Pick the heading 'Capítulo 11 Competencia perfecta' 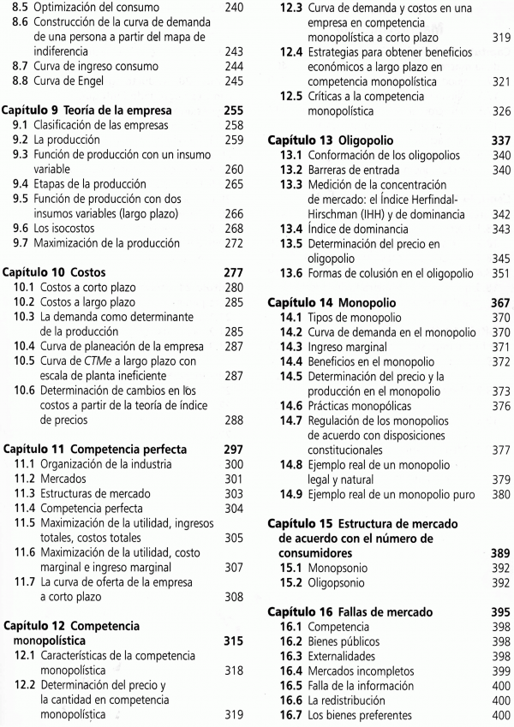click(x=101, y=447)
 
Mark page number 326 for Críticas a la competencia click(x=499, y=112)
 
